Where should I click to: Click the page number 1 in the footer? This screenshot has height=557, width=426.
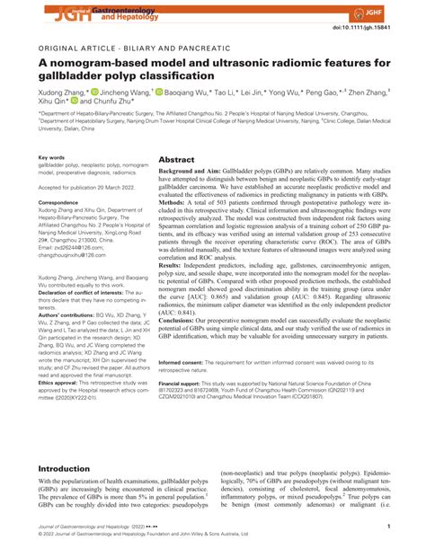412,526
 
